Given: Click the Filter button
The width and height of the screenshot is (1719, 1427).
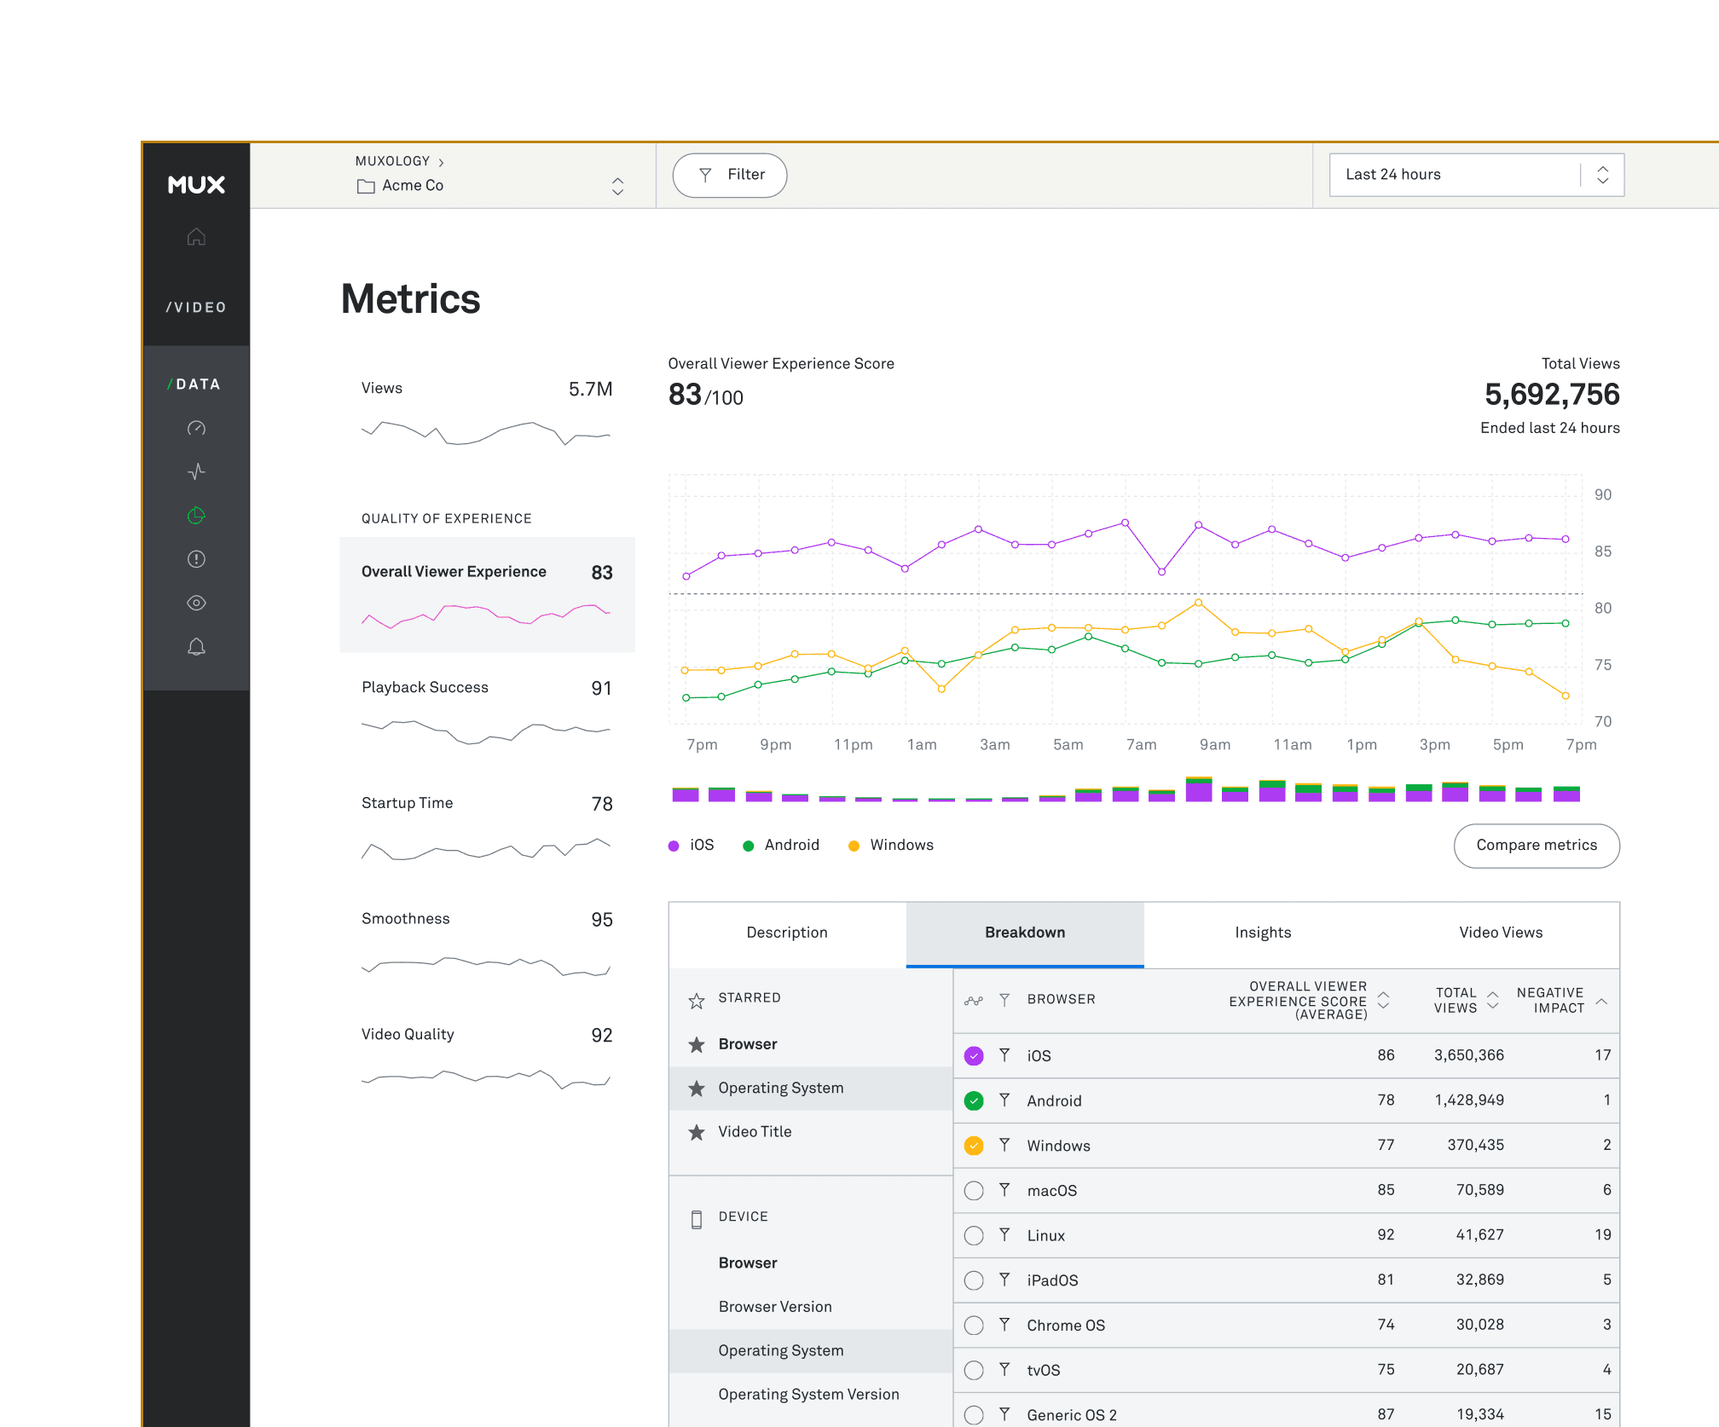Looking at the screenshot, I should tap(730, 175).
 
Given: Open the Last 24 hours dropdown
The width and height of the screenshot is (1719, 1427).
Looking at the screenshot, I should tap(1475, 175).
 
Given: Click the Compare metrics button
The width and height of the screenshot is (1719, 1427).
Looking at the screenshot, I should tap(1536, 845).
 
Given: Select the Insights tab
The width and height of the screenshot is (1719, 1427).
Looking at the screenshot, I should tap(1262, 933).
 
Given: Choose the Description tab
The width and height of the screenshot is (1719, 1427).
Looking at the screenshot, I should tap(786, 933).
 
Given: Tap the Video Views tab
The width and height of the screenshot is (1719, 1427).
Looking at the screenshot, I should tap(1500, 933).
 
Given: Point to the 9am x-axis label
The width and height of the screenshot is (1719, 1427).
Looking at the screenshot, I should tap(1214, 745).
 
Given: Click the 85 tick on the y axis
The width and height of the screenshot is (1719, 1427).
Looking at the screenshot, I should tap(1602, 552).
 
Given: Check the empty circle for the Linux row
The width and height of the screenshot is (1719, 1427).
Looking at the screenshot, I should tap(974, 1235).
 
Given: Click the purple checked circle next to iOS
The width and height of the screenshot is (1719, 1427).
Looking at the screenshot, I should tap(974, 1056).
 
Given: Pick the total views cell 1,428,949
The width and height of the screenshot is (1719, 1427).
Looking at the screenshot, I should tap(1468, 1101).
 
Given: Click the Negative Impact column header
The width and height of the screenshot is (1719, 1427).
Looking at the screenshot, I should tap(1550, 1000).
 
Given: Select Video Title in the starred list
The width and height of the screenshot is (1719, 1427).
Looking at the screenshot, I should tap(755, 1132).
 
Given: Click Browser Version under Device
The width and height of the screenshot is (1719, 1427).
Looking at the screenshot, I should tap(774, 1307).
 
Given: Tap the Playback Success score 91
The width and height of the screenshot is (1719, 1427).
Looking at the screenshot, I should tap(601, 689).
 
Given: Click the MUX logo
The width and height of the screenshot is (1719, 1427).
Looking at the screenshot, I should tap(196, 185).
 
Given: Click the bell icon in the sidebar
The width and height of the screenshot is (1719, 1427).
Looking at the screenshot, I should tap(196, 647).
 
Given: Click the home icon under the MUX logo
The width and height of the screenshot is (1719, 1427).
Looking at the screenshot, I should tap(196, 237).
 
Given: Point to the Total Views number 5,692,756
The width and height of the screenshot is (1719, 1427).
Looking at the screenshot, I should tap(1551, 395).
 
